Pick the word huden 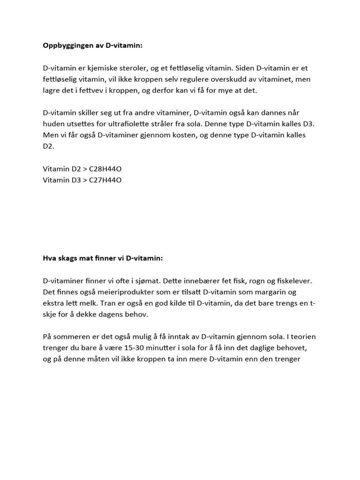pos(53,124)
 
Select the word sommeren pos(69,337)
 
